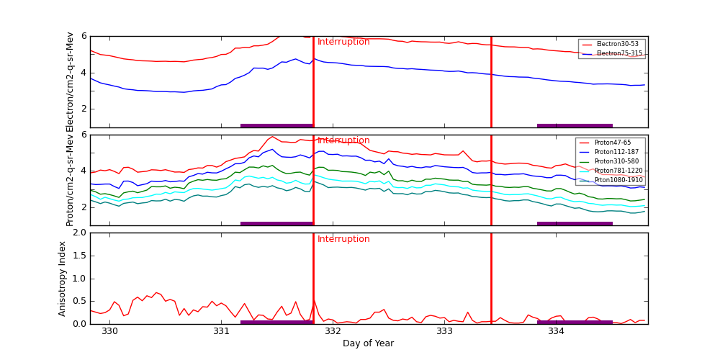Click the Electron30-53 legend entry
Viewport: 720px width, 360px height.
pyautogui.click(x=613, y=44)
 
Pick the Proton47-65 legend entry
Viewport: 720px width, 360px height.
pyautogui.click(x=612, y=143)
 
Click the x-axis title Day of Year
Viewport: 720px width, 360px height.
pyautogui.click(x=368, y=343)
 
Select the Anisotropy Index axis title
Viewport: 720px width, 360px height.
pyautogui.click(x=63, y=279)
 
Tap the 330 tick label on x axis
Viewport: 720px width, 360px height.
pyautogui.click(x=109, y=331)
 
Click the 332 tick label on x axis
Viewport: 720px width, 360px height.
pyautogui.click(x=333, y=331)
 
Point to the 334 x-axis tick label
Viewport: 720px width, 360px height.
pyautogui.click(x=556, y=331)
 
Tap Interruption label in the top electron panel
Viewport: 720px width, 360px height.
pyautogui.click(x=343, y=42)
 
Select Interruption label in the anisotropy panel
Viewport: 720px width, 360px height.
pyautogui.click(x=343, y=239)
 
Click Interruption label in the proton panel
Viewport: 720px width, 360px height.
pyautogui.click(x=343, y=140)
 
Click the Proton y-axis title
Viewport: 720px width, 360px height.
pyautogui.click(x=70, y=180)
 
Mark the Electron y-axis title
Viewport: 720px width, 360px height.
pyautogui.click(x=70, y=81)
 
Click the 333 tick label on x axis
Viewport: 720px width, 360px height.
pyautogui.click(x=444, y=331)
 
